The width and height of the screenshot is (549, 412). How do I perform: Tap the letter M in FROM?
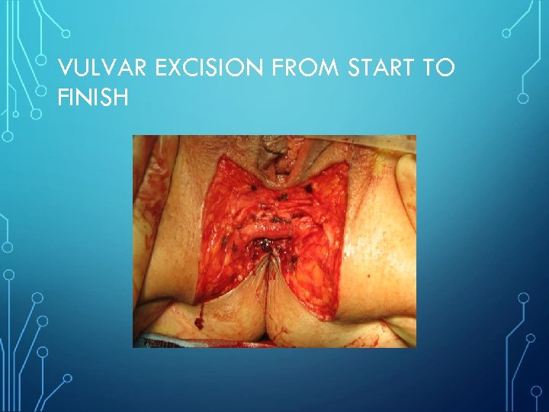pyautogui.click(x=329, y=69)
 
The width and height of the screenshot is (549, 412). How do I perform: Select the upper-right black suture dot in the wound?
pyautogui.click(x=308, y=188)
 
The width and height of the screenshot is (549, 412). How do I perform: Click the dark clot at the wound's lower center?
pyautogui.click(x=265, y=246)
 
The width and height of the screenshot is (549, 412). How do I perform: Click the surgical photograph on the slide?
pyautogui.click(x=274, y=241)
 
